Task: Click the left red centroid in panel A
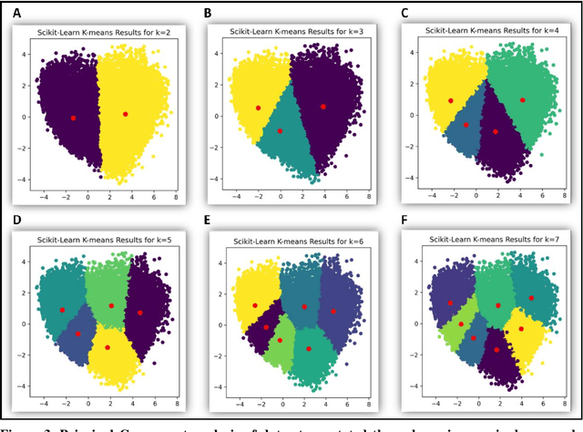(73, 118)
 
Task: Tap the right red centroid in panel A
(126, 114)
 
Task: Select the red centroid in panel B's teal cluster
(280, 130)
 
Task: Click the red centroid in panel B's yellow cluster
(258, 108)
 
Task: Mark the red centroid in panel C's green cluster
(523, 99)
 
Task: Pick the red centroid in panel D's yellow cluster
(108, 347)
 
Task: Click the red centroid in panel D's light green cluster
(111, 305)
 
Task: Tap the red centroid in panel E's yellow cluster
(255, 306)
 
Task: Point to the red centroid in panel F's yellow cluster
(521, 329)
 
